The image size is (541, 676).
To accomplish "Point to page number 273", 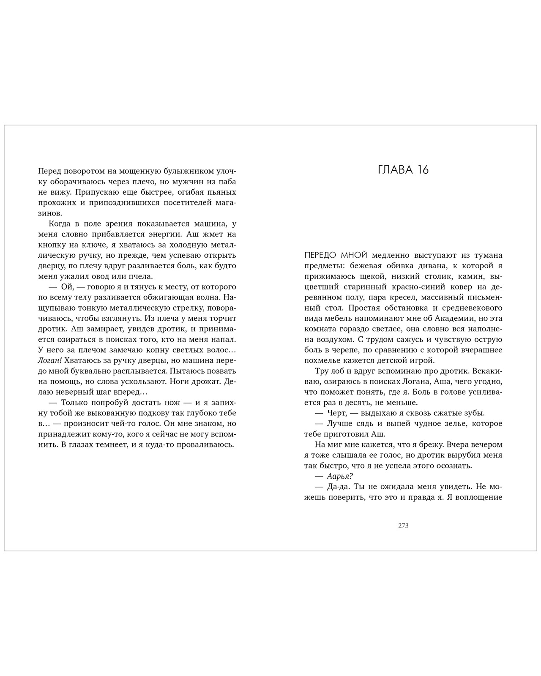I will (403, 526).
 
